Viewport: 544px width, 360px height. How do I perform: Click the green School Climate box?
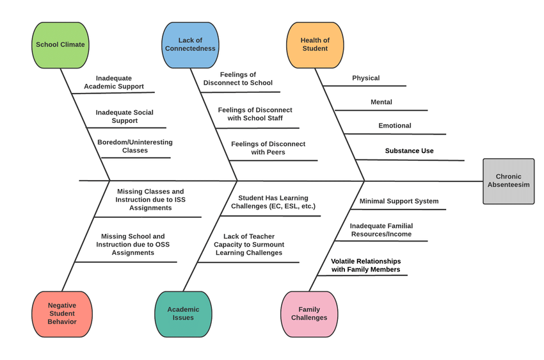pos(60,45)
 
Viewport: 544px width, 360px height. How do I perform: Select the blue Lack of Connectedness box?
pos(190,45)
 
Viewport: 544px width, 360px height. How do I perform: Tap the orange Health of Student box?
pos(315,45)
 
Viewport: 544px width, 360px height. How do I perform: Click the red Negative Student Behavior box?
pos(61,313)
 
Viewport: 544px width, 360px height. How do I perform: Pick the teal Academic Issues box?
pos(183,313)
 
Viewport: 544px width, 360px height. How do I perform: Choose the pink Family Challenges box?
pos(309,313)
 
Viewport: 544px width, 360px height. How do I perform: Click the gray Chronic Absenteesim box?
pos(508,181)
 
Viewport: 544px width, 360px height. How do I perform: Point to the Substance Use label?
pos(409,151)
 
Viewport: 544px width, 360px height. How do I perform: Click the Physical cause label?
pos(366,78)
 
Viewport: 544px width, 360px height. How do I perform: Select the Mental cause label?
pos(381,102)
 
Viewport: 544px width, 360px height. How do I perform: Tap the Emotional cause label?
pos(395,126)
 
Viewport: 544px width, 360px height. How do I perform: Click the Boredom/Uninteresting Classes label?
pos(135,146)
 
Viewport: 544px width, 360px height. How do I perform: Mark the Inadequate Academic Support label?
pos(114,82)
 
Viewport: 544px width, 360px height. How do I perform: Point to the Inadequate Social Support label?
pos(125,117)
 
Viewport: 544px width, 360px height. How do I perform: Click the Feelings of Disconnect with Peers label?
pos(268,148)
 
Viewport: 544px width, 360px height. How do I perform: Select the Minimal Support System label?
pos(399,201)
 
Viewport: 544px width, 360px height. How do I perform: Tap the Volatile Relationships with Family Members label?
pos(366,265)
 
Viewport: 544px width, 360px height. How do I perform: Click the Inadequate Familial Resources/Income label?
pos(381,230)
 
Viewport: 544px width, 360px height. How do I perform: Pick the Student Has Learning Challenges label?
pos(273,202)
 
